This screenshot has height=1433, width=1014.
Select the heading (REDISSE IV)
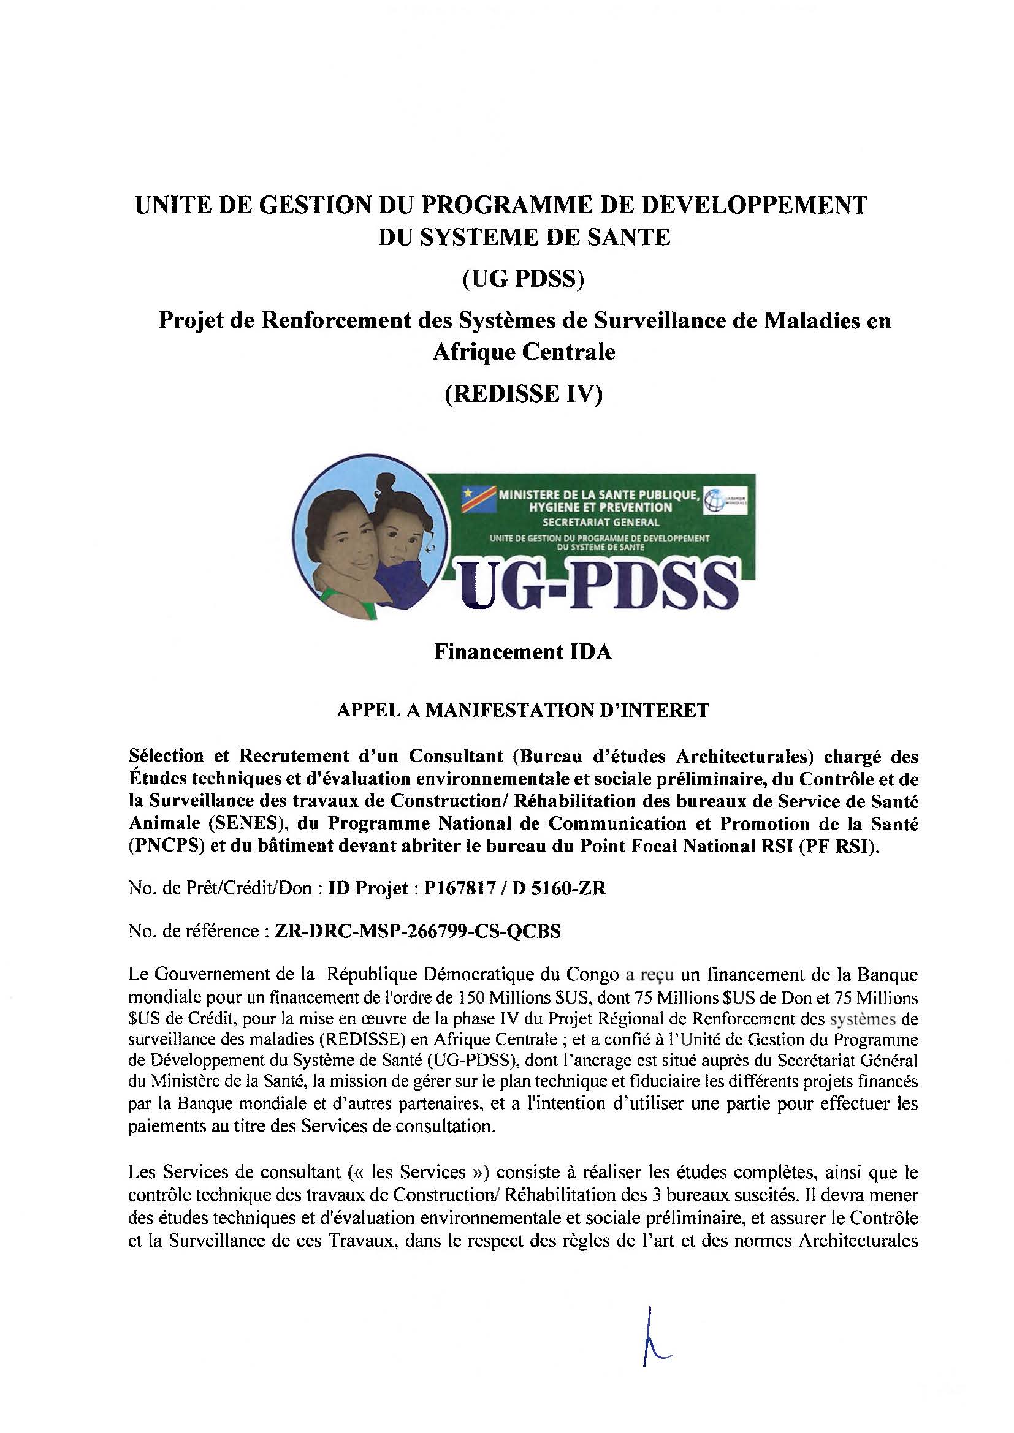point(523,395)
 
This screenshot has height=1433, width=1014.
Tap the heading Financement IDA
point(523,652)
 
